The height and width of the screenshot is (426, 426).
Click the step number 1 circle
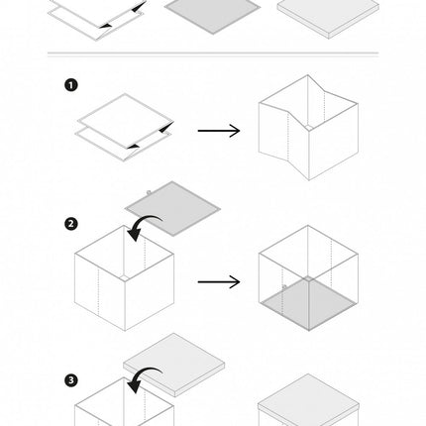[71, 85]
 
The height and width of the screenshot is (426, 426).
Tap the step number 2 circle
[71, 224]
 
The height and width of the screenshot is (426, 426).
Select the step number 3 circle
[71, 380]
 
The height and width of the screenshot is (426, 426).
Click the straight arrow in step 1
[219, 131]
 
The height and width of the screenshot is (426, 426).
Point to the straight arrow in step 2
[219, 281]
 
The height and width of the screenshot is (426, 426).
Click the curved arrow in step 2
[141, 222]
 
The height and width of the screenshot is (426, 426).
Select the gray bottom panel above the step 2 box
[172, 208]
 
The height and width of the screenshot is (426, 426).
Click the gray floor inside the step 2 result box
[308, 303]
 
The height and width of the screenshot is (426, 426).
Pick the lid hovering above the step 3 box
[174, 365]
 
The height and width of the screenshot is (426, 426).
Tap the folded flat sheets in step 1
[125, 127]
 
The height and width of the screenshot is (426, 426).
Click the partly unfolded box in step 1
[308, 128]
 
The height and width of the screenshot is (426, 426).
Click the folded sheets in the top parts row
[97, 17]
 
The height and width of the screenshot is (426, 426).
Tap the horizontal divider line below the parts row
[213, 53]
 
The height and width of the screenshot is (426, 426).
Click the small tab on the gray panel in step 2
[149, 192]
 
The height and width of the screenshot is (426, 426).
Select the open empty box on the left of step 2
[124, 278]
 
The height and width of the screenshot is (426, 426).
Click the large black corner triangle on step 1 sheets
[167, 128]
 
